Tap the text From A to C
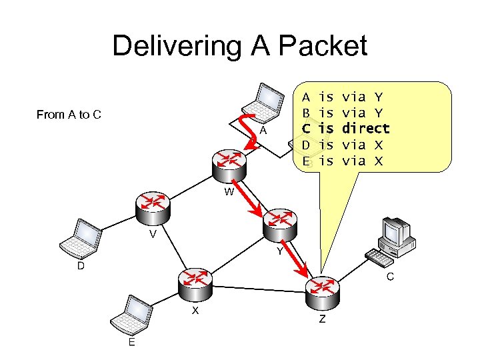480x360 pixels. coord(69,115)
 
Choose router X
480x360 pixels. coord(195,285)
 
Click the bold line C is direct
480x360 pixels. coord(346,128)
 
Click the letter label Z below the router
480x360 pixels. coord(322,319)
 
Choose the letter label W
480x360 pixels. coord(229,192)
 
